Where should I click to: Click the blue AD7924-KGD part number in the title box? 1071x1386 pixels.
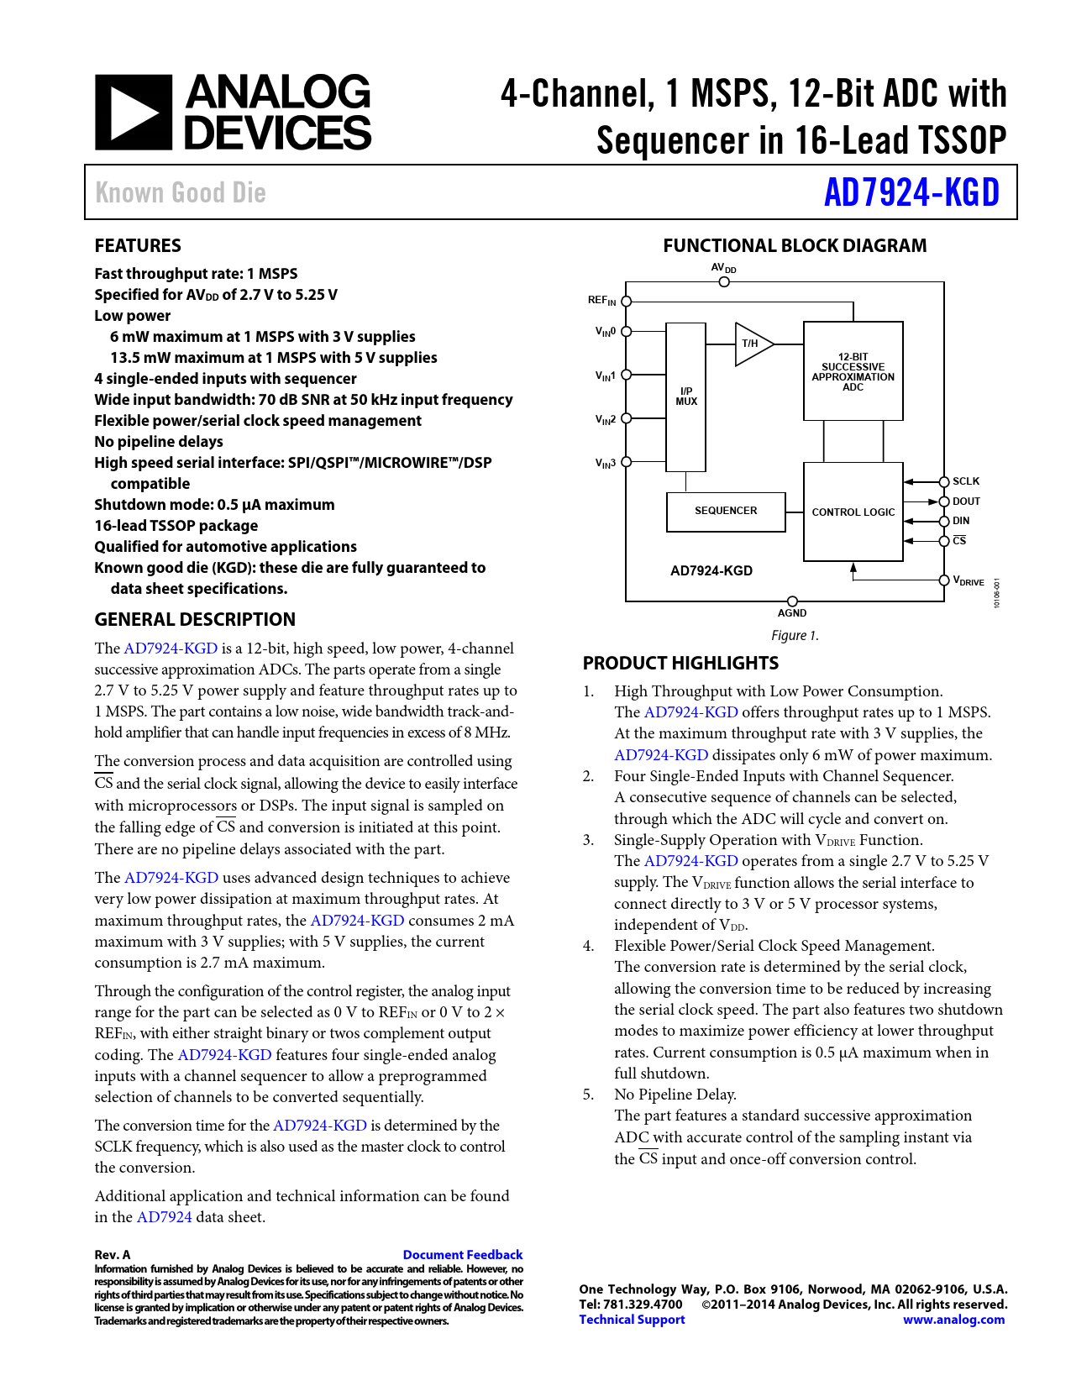(911, 192)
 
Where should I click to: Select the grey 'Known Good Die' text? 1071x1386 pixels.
(181, 192)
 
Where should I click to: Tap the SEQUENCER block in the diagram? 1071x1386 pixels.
(726, 512)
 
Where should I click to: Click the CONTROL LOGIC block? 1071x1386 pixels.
(853, 512)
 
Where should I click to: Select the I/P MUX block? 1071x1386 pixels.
(685, 396)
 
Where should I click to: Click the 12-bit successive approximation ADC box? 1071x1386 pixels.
(853, 371)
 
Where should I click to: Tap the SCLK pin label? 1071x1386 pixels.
(966, 481)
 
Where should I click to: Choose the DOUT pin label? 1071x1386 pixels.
(966, 501)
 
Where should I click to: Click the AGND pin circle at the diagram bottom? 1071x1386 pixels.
(792, 601)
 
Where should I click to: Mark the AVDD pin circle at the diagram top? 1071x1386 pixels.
(724, 281)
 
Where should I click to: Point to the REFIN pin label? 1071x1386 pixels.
(601, 301)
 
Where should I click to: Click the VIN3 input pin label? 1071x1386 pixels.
(606, 463)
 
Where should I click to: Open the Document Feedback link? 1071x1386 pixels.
(463, 1255)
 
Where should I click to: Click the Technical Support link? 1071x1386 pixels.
(632, 1320)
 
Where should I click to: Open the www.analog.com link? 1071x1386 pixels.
(953, 1320)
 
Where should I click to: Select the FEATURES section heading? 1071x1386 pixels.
(138, 246)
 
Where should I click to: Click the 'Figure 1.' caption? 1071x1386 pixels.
(795, 636)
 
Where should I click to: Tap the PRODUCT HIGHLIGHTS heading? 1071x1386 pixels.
(680, 664)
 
